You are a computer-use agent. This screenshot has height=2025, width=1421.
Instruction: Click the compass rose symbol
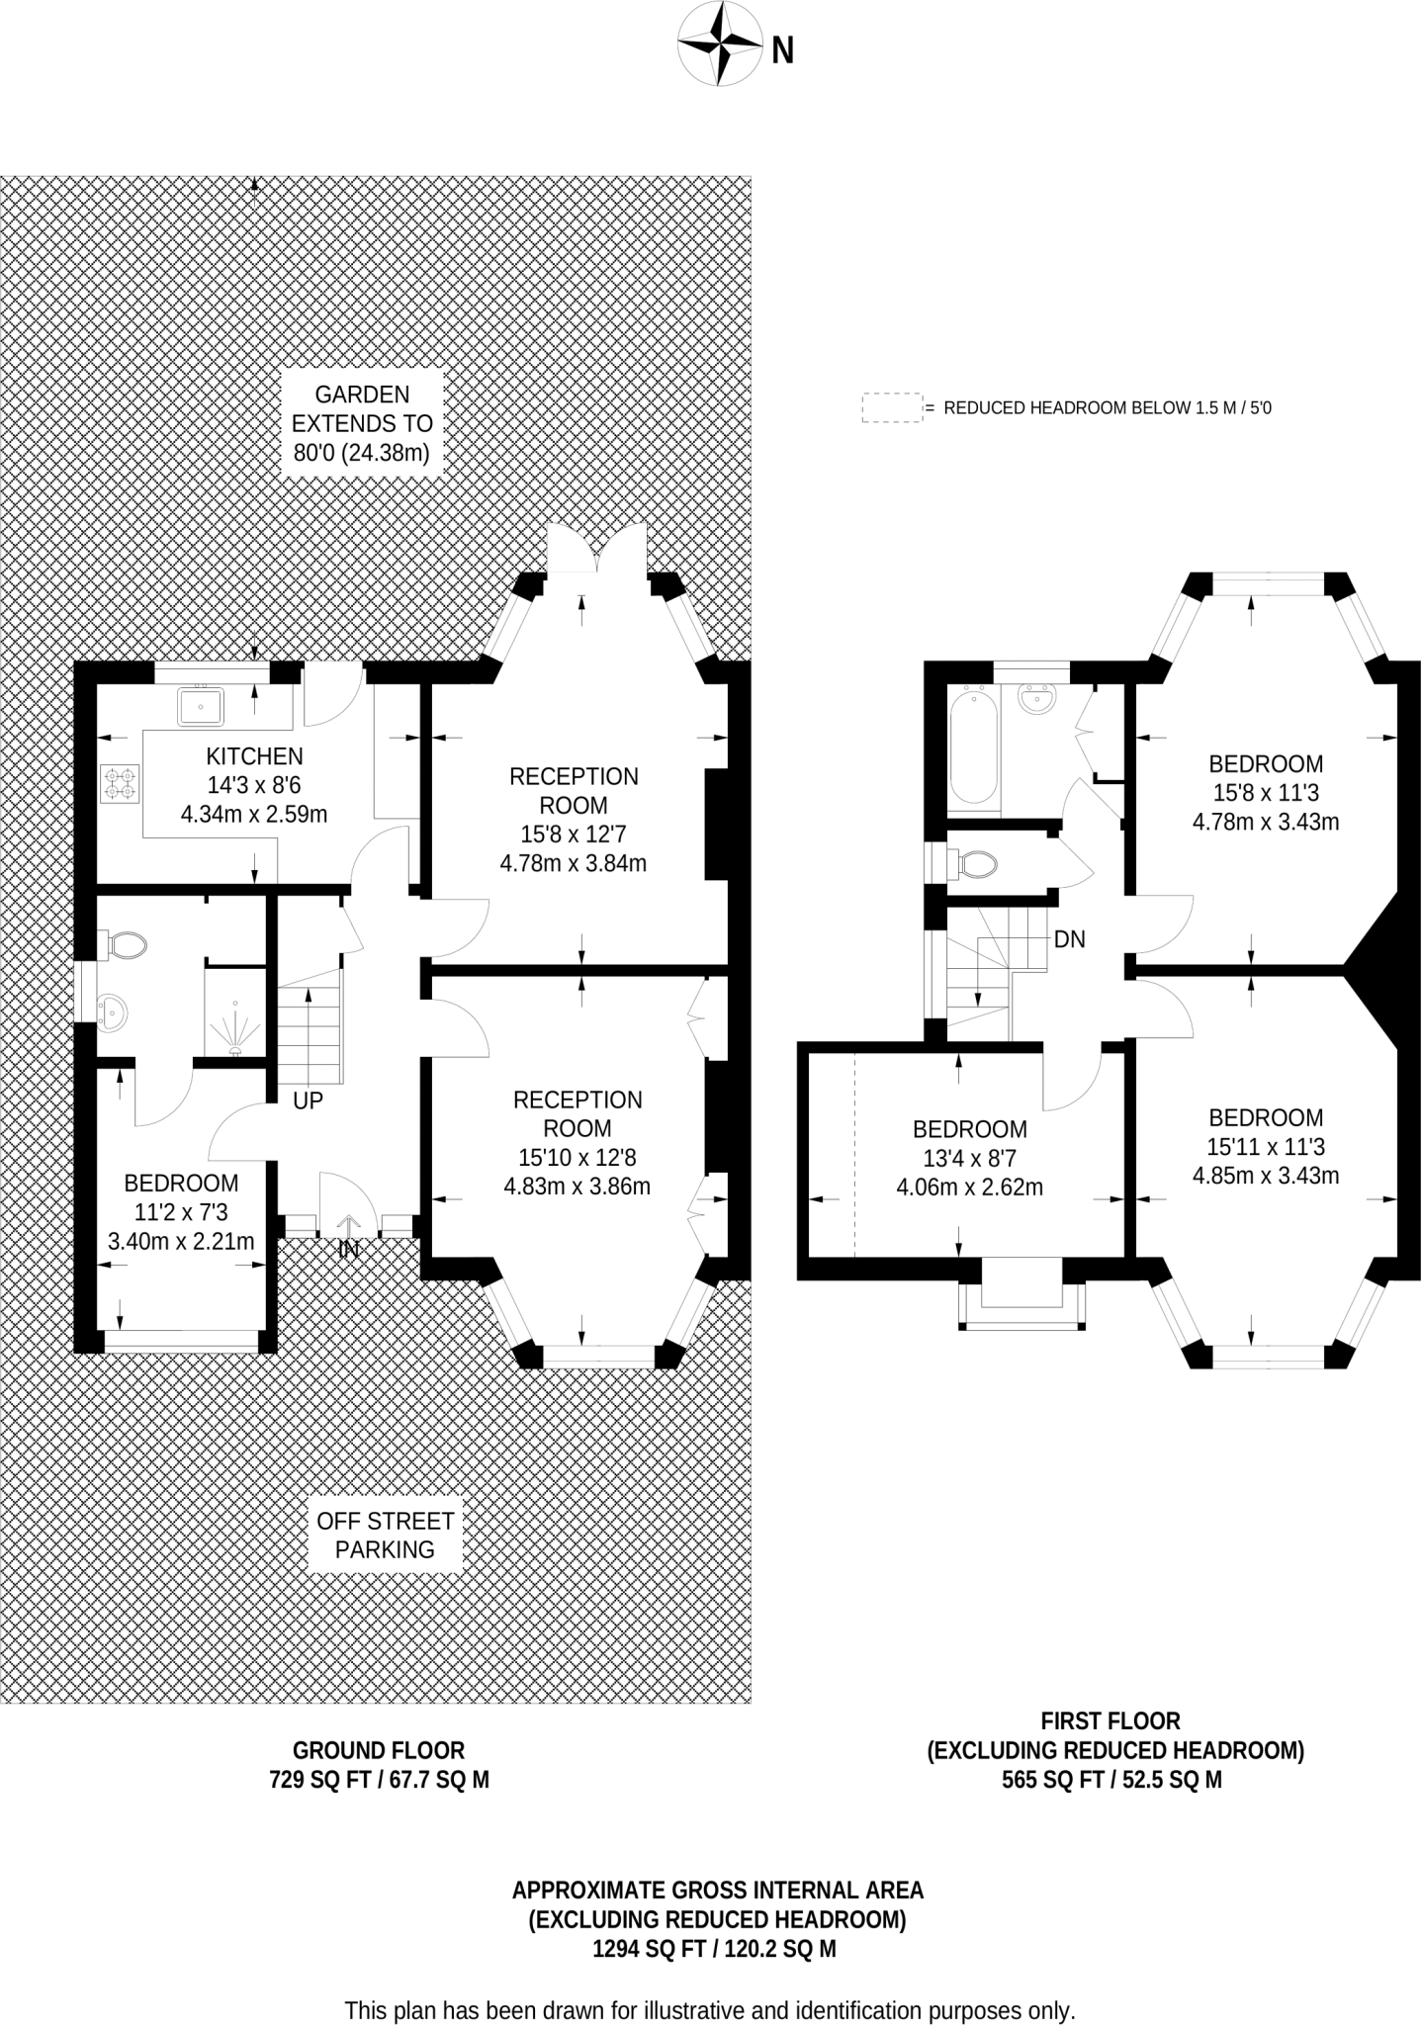(x=718, y=43)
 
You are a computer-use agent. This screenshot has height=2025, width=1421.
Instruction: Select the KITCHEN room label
(x=254, y=756)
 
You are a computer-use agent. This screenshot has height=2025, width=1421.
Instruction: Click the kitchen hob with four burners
(x=120, y=783)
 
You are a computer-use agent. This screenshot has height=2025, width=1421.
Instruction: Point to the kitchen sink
(x=201, y=707)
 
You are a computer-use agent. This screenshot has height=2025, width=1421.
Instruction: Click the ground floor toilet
(x=125, y=944)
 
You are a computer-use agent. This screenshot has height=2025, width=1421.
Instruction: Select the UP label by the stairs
(x=308, y=1101)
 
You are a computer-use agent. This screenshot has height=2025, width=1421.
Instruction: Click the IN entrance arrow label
(x=348, y=1249)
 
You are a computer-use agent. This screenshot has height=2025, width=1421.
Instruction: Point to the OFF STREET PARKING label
(x=385, y=1536)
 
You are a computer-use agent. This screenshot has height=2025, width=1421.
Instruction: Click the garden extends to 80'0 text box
(x=362, y=424)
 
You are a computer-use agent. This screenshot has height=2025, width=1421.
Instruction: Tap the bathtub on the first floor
(x=973, y=747)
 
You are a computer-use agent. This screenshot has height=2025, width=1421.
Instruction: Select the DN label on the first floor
(x=1070, y=939)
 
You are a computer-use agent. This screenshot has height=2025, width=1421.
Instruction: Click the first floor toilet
(x=975, y=866)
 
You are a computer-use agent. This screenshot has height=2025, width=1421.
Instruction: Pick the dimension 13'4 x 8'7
(x=969, y=1158)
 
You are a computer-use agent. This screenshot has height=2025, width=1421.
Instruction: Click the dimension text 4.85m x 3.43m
(x=1266, y=1176)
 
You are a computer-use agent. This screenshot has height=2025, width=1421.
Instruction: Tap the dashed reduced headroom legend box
(x=891, y=407)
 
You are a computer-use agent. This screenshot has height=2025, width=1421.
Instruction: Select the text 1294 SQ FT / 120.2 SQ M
(x=714, y=1949)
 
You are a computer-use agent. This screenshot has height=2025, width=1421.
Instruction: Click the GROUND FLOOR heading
(x=379, y=1749)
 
